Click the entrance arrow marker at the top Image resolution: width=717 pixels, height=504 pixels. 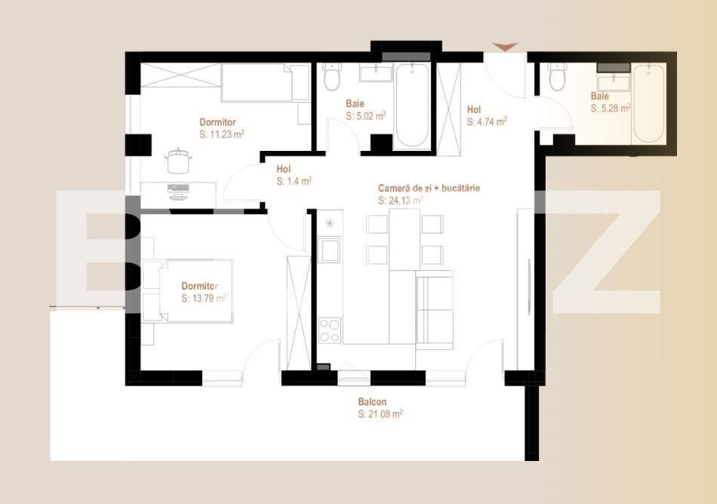tap(506, 48)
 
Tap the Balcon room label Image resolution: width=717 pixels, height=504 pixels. tap(372, 402)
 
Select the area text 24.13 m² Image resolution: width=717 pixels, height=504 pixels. tap(401, 201)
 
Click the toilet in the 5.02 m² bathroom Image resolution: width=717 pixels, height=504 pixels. tap(332, 76)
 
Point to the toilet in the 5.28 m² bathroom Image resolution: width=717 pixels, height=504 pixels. tap(558, 77)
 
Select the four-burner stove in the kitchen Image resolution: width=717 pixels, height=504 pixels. tap(330, 329)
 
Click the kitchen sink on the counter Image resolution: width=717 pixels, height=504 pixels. tap(330, 249)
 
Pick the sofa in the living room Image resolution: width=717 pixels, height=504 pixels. tap(434, 309)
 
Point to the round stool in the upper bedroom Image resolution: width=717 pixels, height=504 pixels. tap(179, 161)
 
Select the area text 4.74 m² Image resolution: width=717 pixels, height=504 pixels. tap(487, 121)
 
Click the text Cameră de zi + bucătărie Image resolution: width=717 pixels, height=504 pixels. tap(429, 188)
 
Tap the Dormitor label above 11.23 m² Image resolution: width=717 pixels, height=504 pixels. tap(217, 121)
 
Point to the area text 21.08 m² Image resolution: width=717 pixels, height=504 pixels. tap(380, 413)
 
